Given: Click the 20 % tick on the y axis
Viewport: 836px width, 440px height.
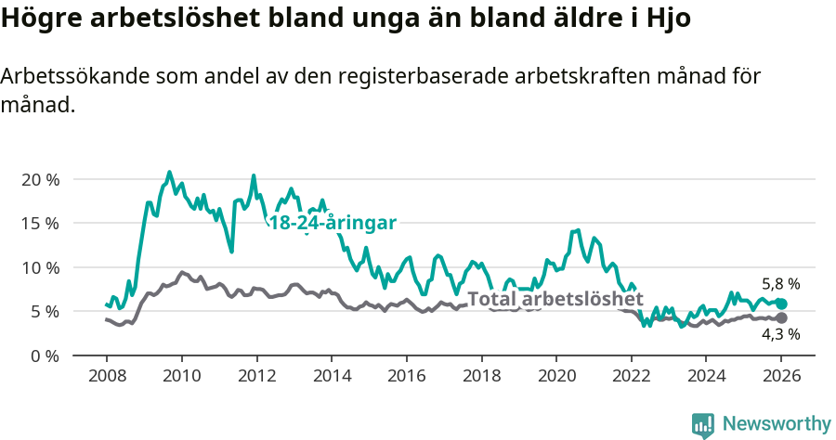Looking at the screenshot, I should tap(39, 179).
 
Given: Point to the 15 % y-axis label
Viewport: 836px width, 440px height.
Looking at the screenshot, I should tap(39, 223).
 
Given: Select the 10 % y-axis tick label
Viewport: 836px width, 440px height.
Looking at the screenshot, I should tap(39, 267).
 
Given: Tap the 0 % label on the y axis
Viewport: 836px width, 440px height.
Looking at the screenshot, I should tap(44, 356).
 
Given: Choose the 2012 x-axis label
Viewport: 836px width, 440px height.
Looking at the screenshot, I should tap(255, 376).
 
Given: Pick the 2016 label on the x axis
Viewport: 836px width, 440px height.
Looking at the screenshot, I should tap(406, 376).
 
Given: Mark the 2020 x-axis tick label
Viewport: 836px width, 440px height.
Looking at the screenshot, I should tap(556, 376).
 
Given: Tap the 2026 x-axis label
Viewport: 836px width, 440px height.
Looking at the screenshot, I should tap(781, 376).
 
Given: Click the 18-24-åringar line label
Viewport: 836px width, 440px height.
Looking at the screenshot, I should tap(333, 223).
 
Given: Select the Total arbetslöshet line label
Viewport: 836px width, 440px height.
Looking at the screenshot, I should tap(555, 299).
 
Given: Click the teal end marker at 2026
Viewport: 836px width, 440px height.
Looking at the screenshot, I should tap(781, 304).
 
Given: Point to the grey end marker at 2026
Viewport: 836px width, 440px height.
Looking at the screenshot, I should tap(781, 318).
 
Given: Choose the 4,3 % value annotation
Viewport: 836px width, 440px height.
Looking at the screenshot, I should tap(780, 335).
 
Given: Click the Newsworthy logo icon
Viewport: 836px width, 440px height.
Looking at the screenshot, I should tap(702, 424).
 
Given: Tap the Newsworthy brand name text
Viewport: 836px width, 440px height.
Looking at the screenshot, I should tap(777, 424).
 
